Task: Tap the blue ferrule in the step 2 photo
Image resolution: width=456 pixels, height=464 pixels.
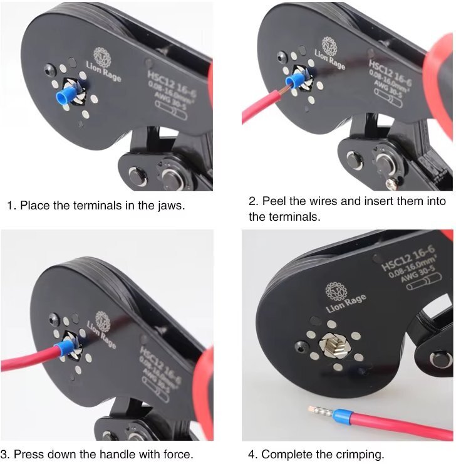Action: pyautogui.click(x=293, y=80)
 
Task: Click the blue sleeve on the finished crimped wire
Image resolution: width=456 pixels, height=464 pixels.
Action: pyautogui.click(x=342, y=416)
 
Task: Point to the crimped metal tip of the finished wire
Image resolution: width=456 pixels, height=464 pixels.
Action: pyautogui.click(x=320, y=411)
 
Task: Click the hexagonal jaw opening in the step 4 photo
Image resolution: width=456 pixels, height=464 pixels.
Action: pyautogui.click(x=336, y=345)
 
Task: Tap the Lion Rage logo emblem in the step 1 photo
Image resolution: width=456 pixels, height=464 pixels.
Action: pyautogui.click(x=102, y=56)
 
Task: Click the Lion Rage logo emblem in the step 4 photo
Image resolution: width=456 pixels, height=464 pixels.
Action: pyautogui.click(x=336, y=291)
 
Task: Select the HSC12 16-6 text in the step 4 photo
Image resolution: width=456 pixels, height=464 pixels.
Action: pyautogui.click(x=408, y=258)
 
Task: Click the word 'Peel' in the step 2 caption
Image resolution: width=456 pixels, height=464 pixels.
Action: pyautogui.click(x=274, y=201)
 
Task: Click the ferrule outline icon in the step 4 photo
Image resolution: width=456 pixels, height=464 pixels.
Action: pyautogui.click(x=424, y=282)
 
